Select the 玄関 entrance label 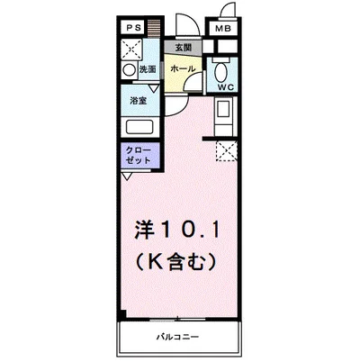coord(183,47)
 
